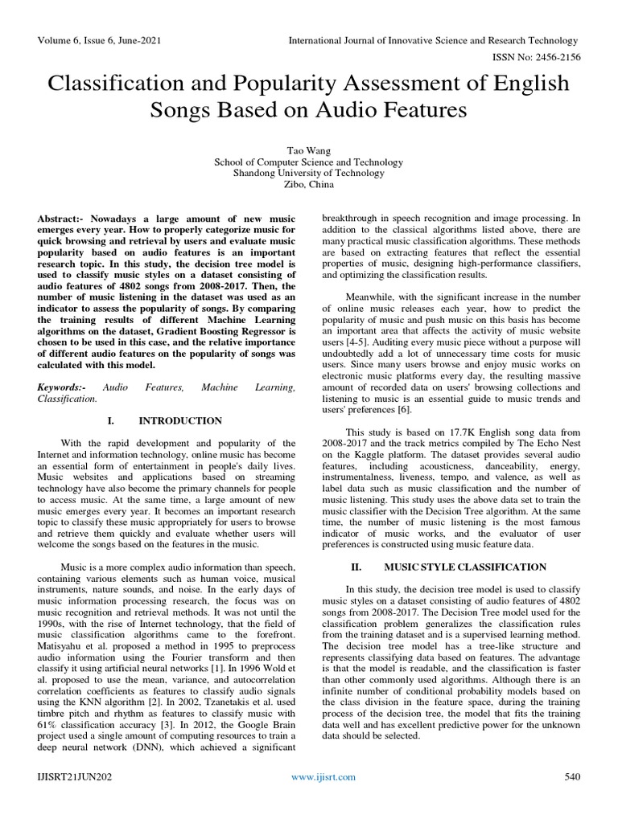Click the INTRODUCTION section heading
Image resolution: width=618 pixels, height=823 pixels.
click(x=179, y=420)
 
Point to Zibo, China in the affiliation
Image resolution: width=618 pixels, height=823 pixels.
click(x=308, y=183)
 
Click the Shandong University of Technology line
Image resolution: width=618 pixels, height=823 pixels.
click(x=308, y=172)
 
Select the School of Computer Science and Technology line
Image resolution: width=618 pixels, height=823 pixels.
click(x=308, y=161)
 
